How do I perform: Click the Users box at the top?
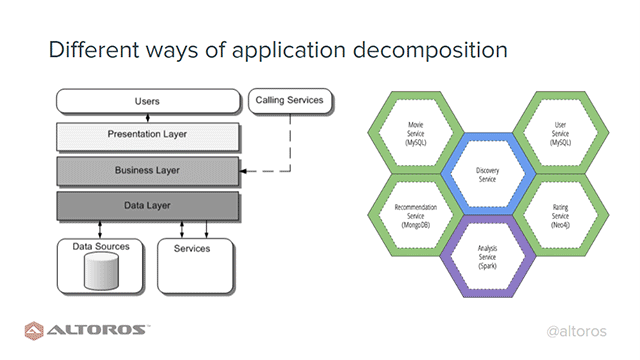click(147, 101)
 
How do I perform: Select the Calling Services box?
click(290, 100)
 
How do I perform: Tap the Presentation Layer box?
click(147, 134)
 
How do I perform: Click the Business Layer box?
click(147, 170)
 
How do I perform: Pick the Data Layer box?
click(147, 206)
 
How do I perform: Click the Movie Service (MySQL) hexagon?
click(417, 136)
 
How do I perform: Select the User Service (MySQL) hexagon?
click(559, 136)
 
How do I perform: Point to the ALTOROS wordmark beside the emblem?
click(100, 330)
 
